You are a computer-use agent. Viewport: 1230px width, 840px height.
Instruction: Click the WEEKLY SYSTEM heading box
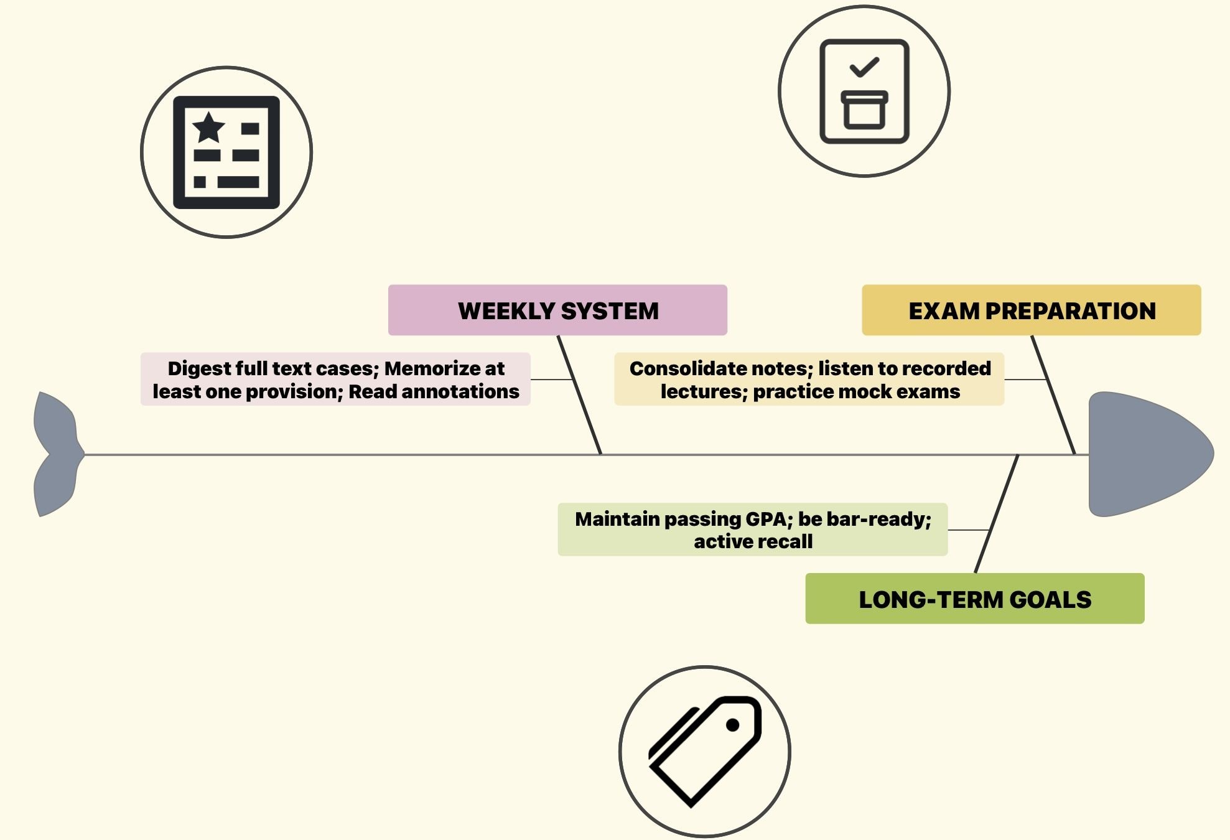tap(557, 310)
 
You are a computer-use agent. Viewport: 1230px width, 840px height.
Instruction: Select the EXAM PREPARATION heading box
tap(1031, 310)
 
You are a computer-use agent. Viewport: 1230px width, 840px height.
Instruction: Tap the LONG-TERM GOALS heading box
tap(974, 599)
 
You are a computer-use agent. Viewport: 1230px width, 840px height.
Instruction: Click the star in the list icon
tap(208, 128)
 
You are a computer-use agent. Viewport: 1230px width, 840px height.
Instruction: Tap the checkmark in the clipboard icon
tap(864, 67)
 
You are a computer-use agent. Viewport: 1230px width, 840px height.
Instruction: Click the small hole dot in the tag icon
tap(733, 725)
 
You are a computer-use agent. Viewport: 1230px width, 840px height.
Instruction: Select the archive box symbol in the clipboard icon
tap(864, 110)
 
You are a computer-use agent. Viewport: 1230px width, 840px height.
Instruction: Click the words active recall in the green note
tap(753, 541)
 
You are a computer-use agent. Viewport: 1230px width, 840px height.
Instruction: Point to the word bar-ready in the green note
tap(865, 519)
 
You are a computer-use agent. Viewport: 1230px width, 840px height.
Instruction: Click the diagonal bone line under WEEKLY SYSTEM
tap(579, 395)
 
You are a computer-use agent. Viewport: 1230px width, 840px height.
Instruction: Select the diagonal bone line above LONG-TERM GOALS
tap(997, 514)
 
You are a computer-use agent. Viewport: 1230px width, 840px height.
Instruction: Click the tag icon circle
tap(704, 752)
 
